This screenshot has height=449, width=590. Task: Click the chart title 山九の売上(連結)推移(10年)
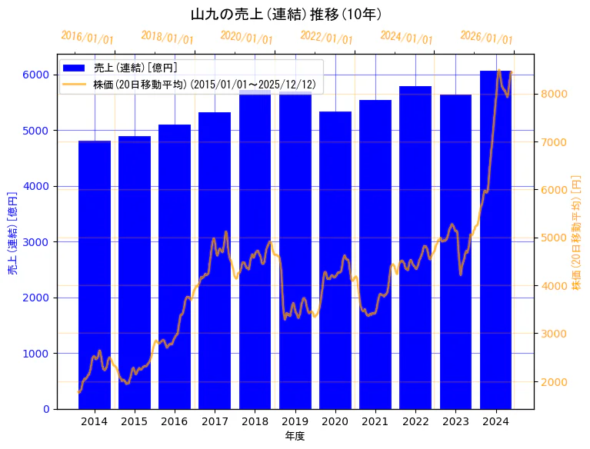286,15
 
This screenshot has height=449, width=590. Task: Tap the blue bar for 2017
215,261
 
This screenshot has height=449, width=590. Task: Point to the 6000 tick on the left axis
35,75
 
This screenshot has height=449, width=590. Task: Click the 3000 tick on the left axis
35,242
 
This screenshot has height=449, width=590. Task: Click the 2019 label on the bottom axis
295,421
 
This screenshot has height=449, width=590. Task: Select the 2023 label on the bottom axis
455,421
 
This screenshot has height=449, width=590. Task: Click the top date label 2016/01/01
87,38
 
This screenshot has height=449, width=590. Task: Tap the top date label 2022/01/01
326,38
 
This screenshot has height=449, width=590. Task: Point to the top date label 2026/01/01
486,38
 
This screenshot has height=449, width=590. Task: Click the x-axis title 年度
295,436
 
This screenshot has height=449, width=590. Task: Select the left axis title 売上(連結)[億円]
12,234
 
